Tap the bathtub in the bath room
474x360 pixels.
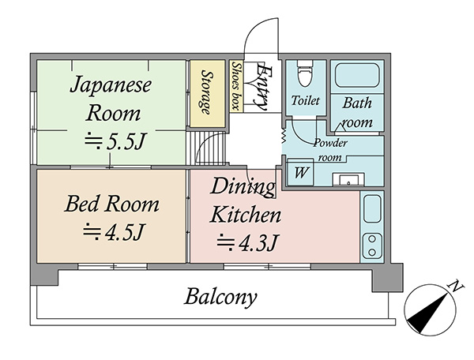click(357, 75)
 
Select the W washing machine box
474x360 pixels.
click(300, 172)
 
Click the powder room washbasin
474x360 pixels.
click(348, 180)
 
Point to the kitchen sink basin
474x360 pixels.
click(372, 208)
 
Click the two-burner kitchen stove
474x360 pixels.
click(372, 246)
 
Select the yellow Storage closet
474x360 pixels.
click(207, 94)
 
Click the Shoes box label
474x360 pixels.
click(235, 86)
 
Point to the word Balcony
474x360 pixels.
click(220, 297)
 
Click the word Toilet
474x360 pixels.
click(305, 100)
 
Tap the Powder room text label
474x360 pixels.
click(330, 150)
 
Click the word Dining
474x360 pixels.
click(243, 188)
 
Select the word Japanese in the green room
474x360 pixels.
click(111, 84)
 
